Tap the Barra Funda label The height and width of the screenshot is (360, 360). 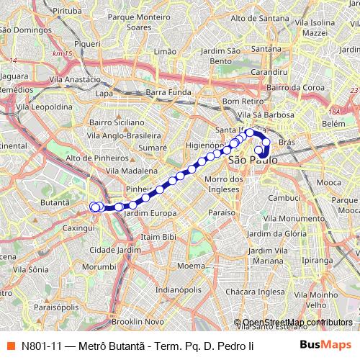[x=167, y=92]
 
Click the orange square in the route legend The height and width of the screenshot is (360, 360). [x=11, y=344]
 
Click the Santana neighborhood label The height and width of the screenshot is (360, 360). [x=266, y=48]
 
